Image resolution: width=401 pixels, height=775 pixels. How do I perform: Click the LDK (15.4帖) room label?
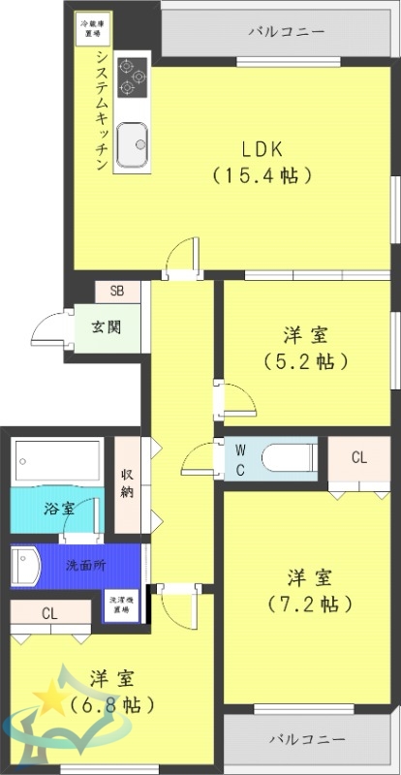coord(262,162)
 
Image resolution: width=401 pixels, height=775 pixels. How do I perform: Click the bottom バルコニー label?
coord(307,738)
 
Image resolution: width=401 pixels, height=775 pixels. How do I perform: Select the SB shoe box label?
coord(116,290)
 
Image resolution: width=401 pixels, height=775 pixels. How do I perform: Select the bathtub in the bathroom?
coord(59,462)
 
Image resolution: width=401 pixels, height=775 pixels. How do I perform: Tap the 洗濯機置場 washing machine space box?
coord(119,605)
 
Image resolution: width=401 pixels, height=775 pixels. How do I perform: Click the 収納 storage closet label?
coord(127,482)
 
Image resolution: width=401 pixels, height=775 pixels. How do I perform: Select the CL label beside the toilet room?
coord(358,457)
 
